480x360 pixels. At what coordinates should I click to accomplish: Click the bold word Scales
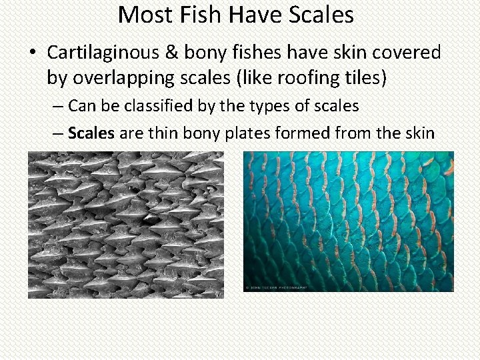(91, 133)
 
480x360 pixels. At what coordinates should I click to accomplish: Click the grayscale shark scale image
(126, 224)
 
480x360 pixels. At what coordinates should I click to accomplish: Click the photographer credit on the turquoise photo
(275, 287)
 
